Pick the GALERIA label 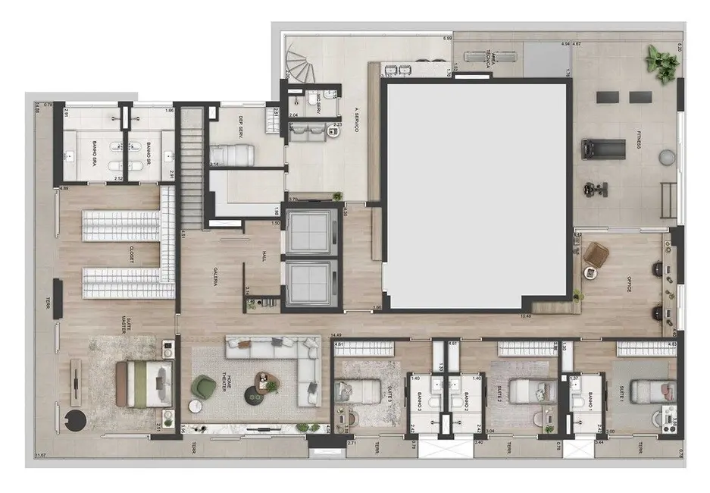(x=215, y=278)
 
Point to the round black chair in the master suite (x=78, y=419)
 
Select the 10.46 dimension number (x=524, y=315)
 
